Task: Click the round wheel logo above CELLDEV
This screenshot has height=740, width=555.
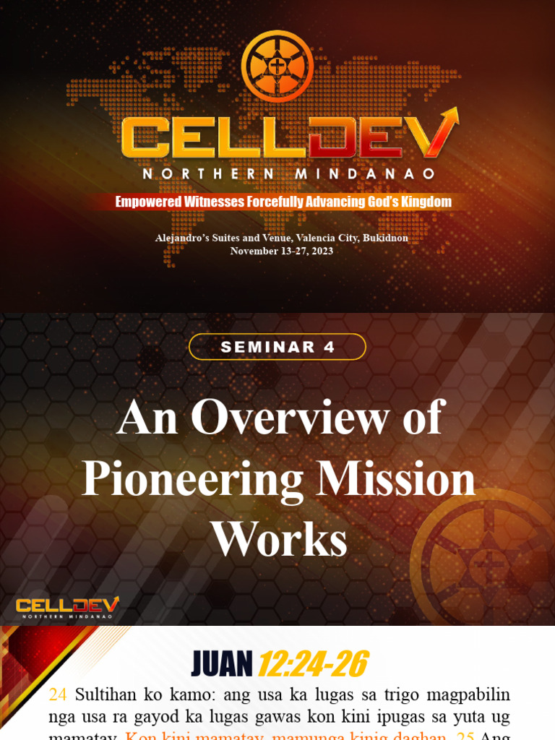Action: (x=277, y=66)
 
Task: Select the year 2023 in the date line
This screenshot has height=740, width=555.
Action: (x=321, y=251)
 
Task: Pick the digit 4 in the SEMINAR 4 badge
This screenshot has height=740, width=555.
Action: (x=330, y=347)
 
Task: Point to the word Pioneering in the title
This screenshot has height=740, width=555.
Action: (x=189, y=479)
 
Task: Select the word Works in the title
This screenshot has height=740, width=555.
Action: (x=277, y=540)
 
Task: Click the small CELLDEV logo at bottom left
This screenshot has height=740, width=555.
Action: (x=67, y=607)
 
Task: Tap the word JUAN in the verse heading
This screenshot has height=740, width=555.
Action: (x=221, y=664)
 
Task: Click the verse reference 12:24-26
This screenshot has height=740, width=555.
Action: (x=313, y=664)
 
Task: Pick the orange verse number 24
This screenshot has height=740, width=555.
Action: (x=58, y=695)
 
